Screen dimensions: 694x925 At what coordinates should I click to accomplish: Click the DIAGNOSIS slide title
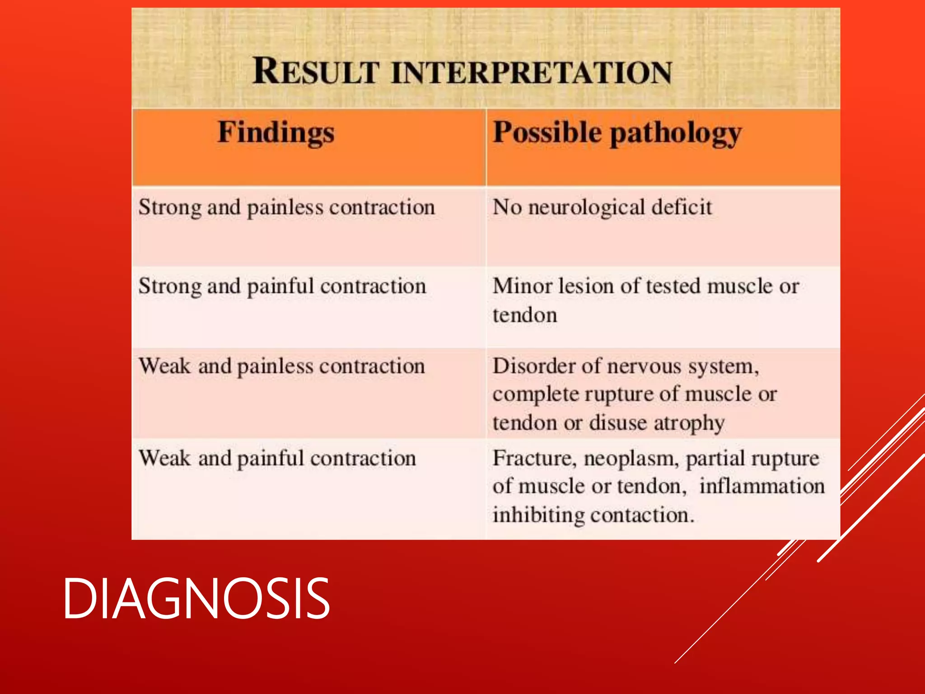196,598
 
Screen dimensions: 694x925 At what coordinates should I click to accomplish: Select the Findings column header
276,133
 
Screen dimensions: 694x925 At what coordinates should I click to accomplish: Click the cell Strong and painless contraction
286,208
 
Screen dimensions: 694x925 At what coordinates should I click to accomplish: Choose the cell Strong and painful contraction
282,287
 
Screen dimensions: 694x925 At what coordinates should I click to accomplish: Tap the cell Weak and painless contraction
281,366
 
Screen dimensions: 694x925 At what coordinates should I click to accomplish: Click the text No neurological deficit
602,208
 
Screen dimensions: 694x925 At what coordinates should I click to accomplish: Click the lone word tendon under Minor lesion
524,315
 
